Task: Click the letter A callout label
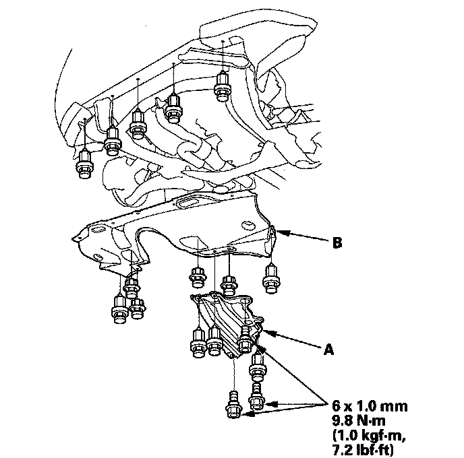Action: tap(328, 350)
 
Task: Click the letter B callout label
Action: tap(337, 243)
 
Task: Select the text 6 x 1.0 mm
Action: tap(370, 406)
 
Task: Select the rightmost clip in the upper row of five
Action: tap(223, 87)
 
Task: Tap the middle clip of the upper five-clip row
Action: tap(138, 124)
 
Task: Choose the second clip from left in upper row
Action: tap(113, 141)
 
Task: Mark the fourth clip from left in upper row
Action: tap(174, 108)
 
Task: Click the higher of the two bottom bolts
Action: tap(257, 397)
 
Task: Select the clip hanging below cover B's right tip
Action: tap(270, 279)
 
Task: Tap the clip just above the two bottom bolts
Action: tap(258, 368)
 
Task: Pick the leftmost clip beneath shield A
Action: tap(198, 343)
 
